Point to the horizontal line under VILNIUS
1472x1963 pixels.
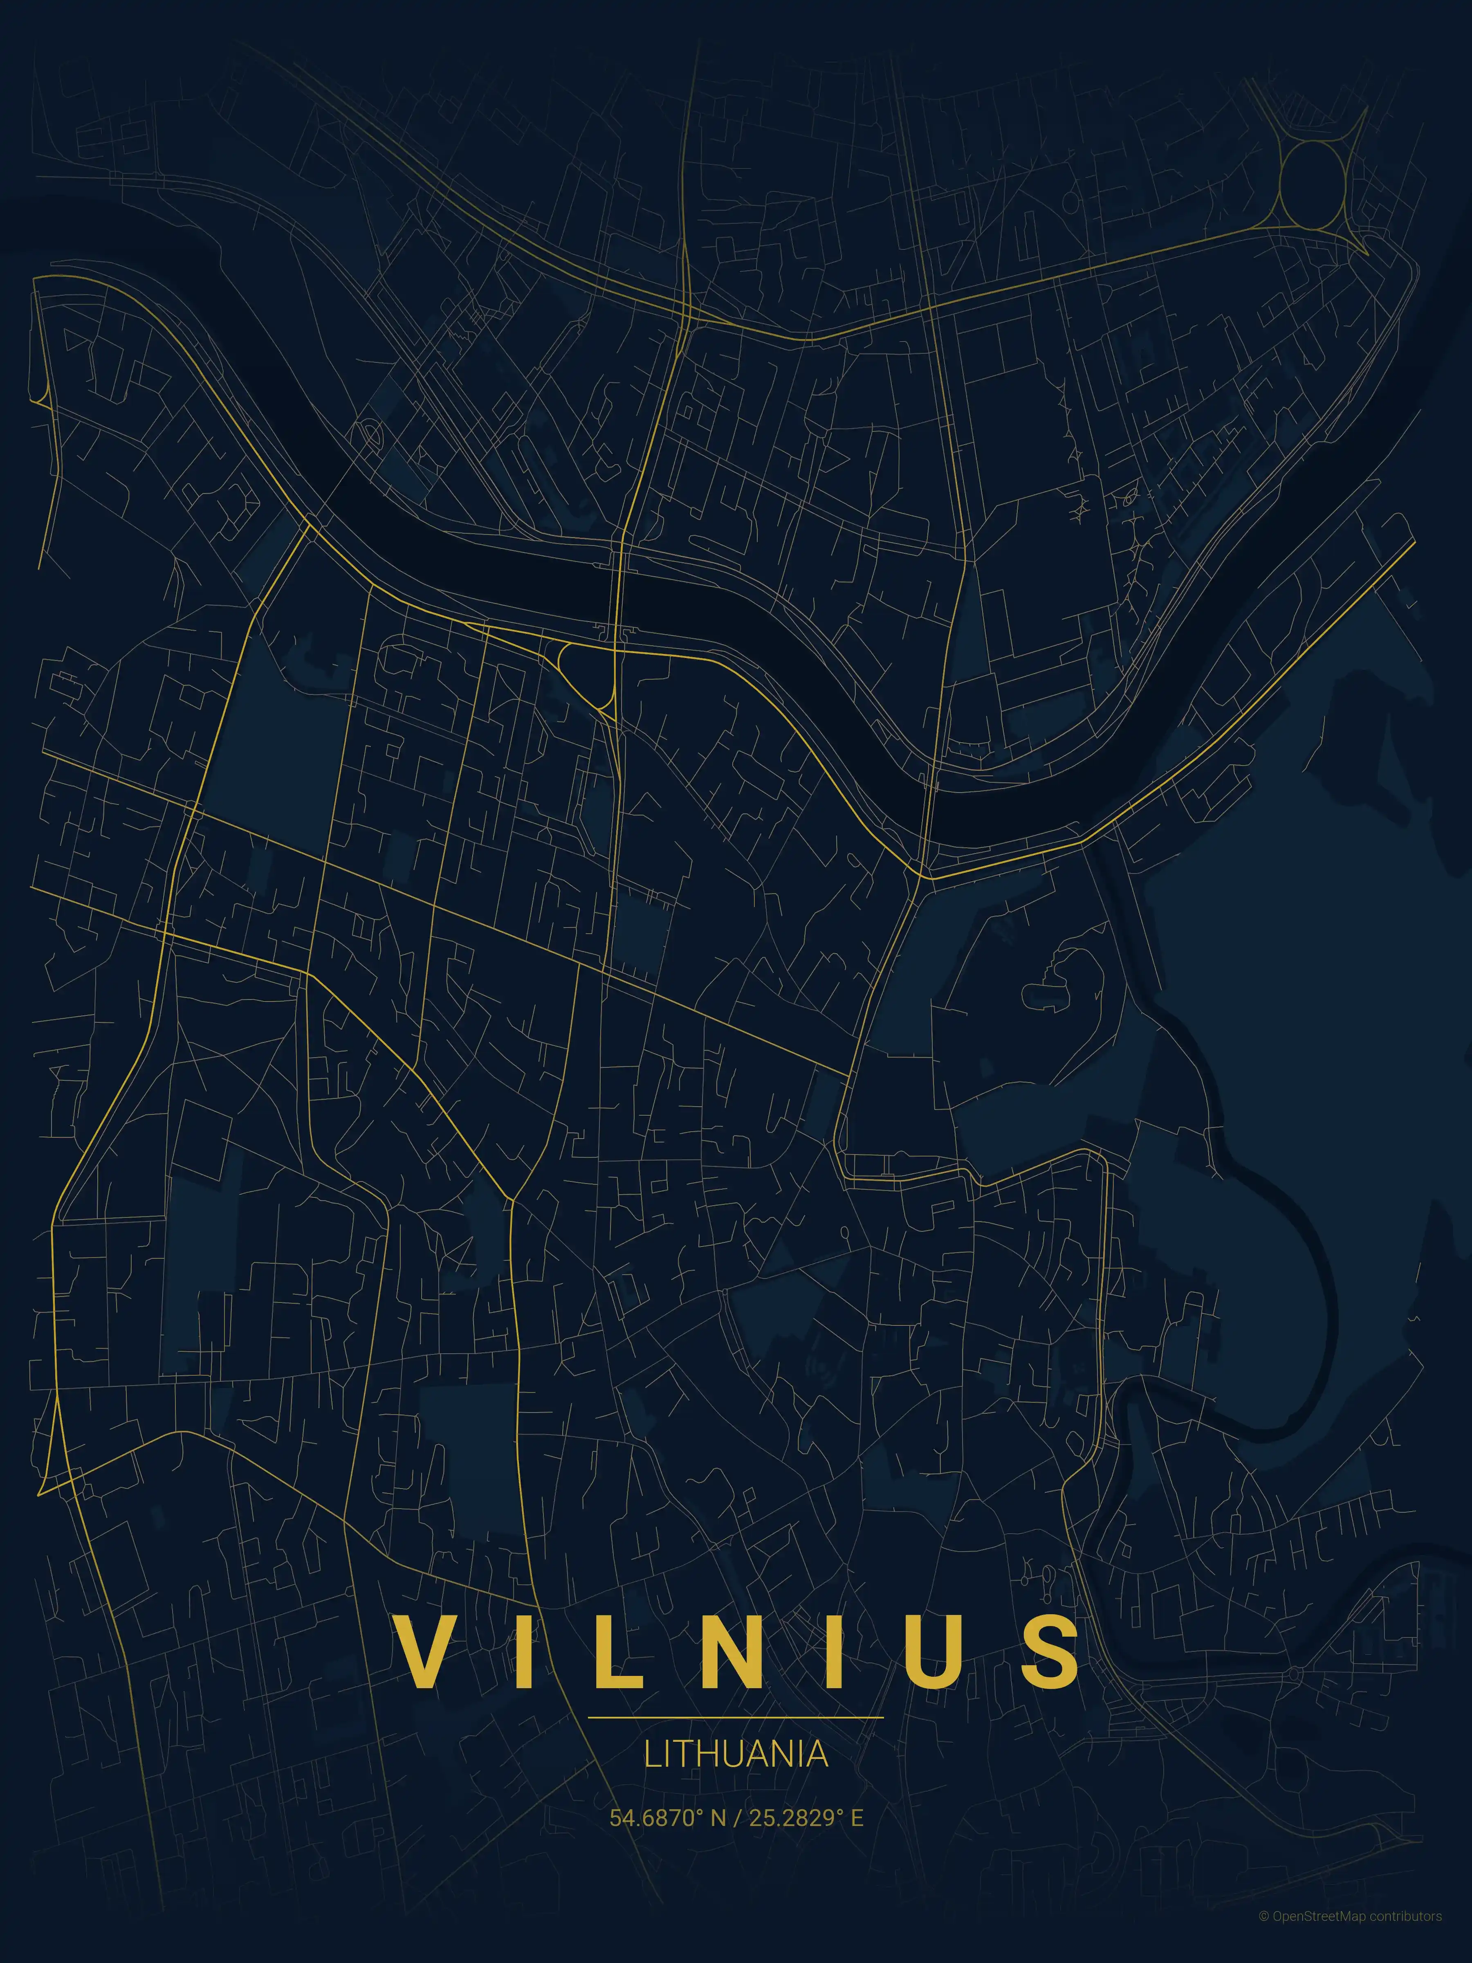coord(736,1717)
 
